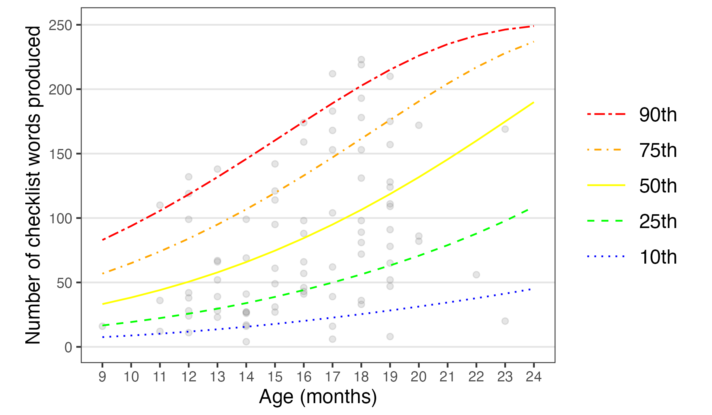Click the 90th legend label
pyautogui.click(x=658, y=115)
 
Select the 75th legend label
pyautogui.click(x=658, y=150)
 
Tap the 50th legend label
pyautogui.click(x=658, y=186)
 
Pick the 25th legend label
pyautogui.click(x=658, y=221)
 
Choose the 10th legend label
pyautogui.click(x=658, y=257)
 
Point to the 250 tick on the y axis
pyautogui.click(x=60, y=25)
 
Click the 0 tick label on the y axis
pyautogui.click(x=68, y=347)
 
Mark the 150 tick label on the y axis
pyautogui.click(x=60, y=154)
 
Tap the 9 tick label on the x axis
pyautogui.click(x=102, y=377)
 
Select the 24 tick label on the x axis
pyautogui.click(x=534, y=377)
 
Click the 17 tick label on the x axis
pyautogui.click(x=332, y=377)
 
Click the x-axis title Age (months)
pyautogui.click(x=318, y=396)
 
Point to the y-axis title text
pyautogui.click(x=33, y=185)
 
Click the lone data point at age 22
pyautogui.click(x=476, y=275)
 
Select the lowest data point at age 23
pyautogui.click(x=505, y=321)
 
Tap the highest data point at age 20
pyautogui.click(x=419, y=125)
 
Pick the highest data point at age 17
pyautogui.click(x=332, y=74)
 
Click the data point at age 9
pyautogui.click(x=102, y=326)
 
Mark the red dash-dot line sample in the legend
pyautogui.click(x=606, y=114)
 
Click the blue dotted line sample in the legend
pyautogui.click(x=606, y=257)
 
